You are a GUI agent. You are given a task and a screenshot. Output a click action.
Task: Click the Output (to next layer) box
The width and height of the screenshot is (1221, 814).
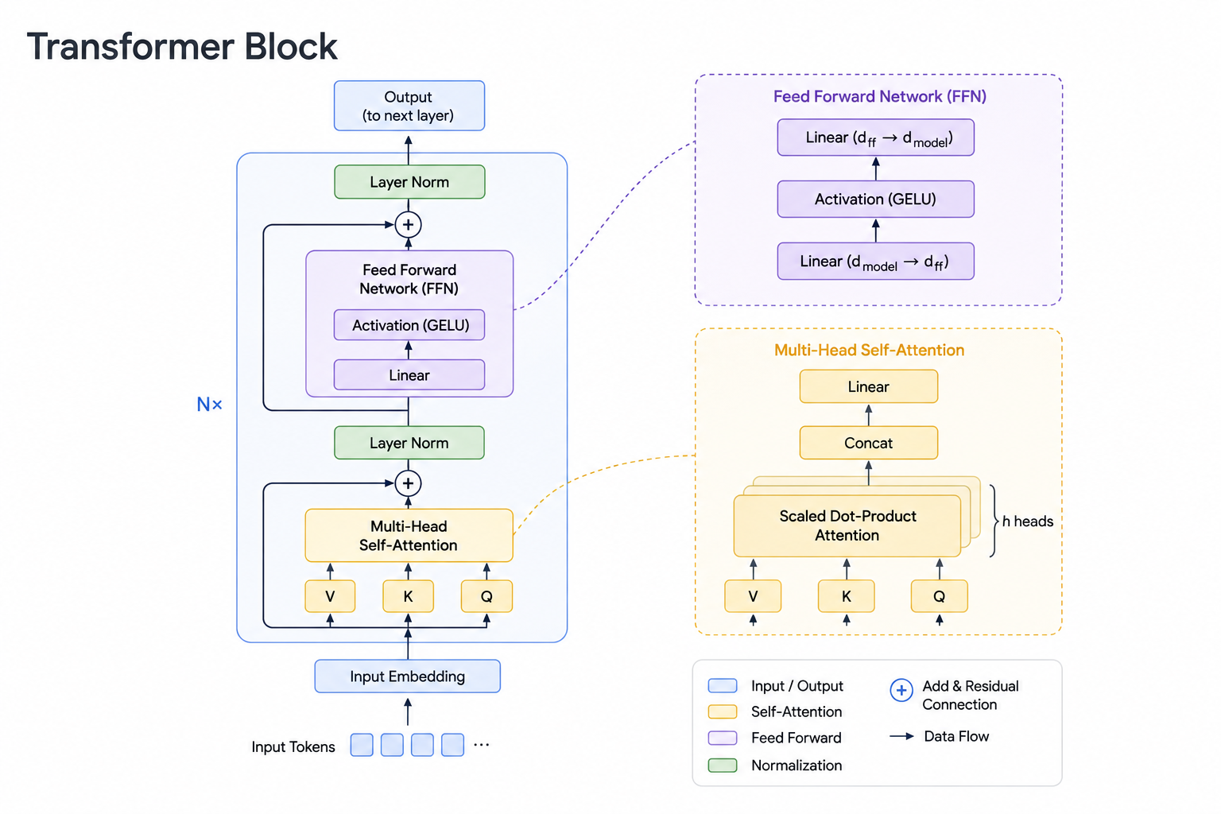tap(409, 106)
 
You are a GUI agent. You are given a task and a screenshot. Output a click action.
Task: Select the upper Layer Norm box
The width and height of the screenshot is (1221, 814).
tap(409, 181)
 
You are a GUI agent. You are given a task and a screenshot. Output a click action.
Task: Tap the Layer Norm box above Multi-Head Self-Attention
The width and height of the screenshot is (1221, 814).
tap(409, 443)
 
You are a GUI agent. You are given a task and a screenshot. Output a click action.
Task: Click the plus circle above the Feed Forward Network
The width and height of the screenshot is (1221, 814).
tap(409, 225)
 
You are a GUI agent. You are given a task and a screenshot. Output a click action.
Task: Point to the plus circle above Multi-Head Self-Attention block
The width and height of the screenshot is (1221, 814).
tap(409, 483)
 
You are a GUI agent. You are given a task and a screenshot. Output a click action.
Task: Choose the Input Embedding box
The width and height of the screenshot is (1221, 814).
tap(408, 676)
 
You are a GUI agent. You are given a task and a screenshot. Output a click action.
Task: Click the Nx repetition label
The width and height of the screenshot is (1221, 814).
tap(209, 404)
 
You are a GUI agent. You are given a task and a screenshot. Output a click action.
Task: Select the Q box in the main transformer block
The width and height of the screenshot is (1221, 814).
tap(486, 596)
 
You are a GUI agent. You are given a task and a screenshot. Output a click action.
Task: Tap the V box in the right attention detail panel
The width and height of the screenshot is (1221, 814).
tap(753, 596)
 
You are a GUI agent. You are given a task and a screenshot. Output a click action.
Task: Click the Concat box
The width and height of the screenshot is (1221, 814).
tap(869, 443)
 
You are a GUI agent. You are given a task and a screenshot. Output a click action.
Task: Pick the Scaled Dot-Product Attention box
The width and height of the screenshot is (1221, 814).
tap(847, 525)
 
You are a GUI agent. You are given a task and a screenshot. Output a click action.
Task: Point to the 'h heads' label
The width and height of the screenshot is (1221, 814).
tap(1028, 521)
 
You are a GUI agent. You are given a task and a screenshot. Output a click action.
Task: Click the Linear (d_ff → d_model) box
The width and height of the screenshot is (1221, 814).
tap(876, 138)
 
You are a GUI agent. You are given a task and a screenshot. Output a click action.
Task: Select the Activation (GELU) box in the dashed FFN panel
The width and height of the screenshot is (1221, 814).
tap(876, 199)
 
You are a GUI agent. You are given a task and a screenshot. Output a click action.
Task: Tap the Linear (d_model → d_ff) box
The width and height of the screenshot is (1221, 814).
tap(876, 262)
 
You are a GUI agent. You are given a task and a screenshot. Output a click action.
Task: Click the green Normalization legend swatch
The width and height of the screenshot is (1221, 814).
tap(723, 765)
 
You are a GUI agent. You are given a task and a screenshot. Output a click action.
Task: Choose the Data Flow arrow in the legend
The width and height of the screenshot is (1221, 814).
tap(902, 737)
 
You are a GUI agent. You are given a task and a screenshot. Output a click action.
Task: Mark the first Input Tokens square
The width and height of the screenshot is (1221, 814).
tap(362, 745)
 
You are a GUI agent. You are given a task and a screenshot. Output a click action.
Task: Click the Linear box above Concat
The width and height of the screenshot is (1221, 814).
tap(869, 386)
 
